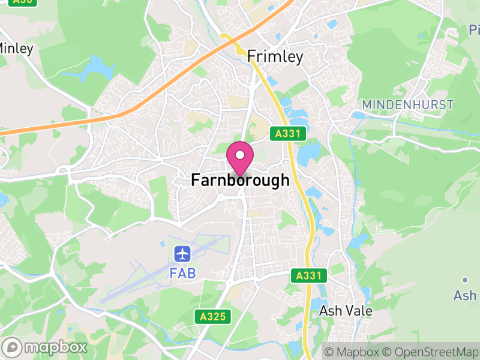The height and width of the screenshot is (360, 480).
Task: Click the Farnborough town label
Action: [x=240, y=180]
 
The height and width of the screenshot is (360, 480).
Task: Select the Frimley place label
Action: [x=275, y=56]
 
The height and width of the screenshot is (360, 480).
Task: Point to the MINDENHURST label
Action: [x=407, y=104]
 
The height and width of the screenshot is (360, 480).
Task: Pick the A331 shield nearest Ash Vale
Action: [x=310, y=276]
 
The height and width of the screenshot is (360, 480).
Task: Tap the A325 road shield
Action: [x=213, y=316]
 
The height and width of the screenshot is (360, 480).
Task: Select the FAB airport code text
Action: [x=182, y=272]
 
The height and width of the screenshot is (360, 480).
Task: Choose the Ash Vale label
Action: [x=346, y=311]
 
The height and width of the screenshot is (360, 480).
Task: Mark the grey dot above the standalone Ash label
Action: [x=465, y=280]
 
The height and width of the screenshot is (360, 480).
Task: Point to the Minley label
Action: [x=15, y=48]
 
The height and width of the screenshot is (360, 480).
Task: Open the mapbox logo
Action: [x=46, y=347]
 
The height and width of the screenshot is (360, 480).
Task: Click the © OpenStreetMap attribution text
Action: [x=431, y=352]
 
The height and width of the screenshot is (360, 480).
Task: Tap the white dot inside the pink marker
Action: [x=240, y=155]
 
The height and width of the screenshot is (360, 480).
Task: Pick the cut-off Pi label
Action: [x=474, y=29]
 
